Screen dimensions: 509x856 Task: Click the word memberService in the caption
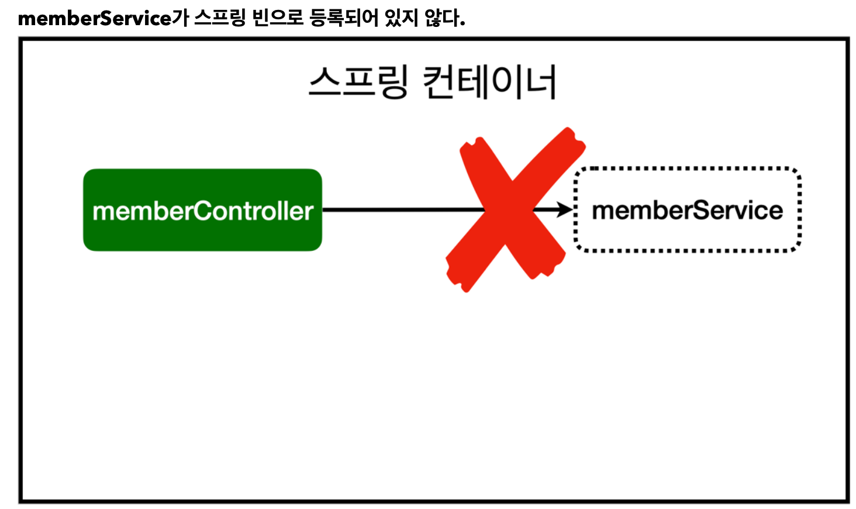[95, 19]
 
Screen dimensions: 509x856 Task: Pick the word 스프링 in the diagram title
[358, 82]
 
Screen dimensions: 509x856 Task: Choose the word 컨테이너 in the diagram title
[489, 82]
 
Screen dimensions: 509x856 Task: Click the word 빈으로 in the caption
[278, 18]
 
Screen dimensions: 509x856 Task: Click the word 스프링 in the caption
[220, 18]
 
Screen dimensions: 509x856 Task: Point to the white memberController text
[202, 211]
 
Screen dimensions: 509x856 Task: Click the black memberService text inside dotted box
[687, 210]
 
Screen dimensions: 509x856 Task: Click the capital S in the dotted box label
[701, 210]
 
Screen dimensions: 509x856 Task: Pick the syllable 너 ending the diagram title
[540, 82]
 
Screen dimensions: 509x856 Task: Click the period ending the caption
[462, 24]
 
